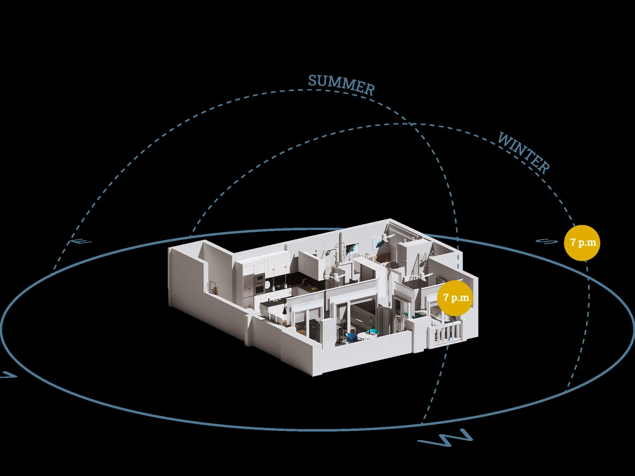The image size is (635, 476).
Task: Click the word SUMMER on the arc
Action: [341, 85]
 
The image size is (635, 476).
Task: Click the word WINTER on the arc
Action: [523, 153]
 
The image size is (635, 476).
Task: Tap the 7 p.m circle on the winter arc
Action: [582, 243]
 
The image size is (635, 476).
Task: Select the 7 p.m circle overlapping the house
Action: [455, 298]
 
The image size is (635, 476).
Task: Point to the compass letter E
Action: [80, 242]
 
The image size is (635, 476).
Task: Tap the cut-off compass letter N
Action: [8, 375]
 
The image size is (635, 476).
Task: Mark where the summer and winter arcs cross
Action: [411, 125]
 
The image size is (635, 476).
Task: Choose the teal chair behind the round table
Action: [373, 332]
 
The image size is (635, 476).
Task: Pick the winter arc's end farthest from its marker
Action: [192, 234]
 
